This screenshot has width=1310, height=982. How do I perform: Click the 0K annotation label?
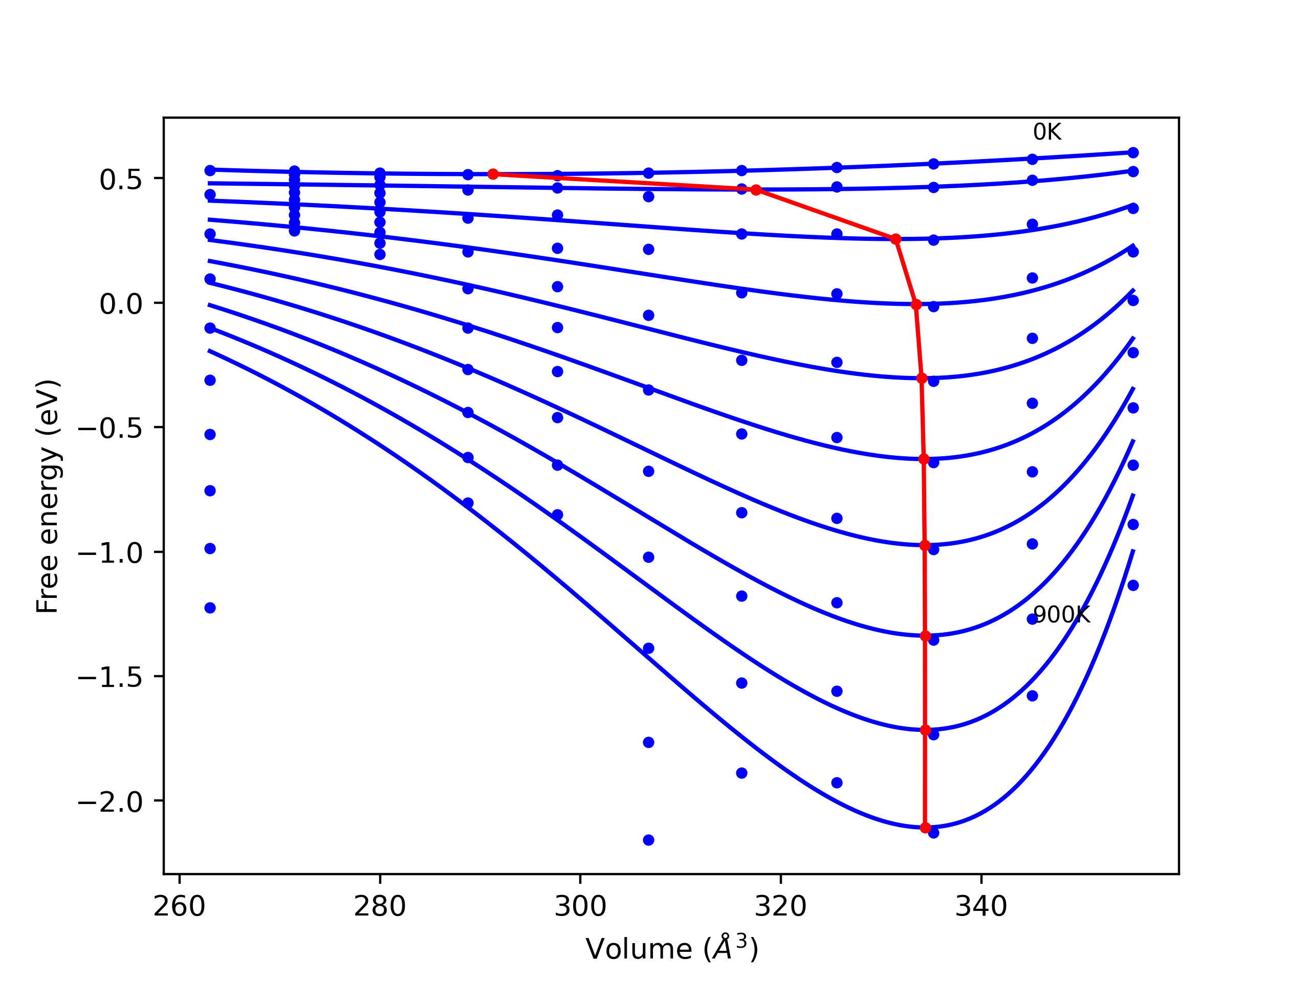pos(1046,132)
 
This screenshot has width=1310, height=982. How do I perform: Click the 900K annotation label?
pos(1061,615)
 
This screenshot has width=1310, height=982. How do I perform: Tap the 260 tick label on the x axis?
pos(179,907)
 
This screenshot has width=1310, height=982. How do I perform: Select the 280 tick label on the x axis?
pos(380,907)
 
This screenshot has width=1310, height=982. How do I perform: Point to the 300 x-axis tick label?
pos(580,907)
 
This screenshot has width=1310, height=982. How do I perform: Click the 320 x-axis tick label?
pos(780,907)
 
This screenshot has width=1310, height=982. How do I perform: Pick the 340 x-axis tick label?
pos(981,907)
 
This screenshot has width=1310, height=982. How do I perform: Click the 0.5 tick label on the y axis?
pos(121,180)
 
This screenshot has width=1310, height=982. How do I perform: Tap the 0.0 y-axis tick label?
pos(121,305)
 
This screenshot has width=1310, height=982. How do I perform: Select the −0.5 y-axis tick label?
pos(110,429)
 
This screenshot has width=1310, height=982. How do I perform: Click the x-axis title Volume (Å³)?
pos(671,949)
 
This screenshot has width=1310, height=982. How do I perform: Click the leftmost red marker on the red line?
pos(493,174)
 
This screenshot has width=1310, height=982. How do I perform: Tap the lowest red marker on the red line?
pos(926,828)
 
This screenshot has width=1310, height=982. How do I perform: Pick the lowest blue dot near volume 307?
pos(648,840)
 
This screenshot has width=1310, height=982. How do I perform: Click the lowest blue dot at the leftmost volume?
pos(210,608)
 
